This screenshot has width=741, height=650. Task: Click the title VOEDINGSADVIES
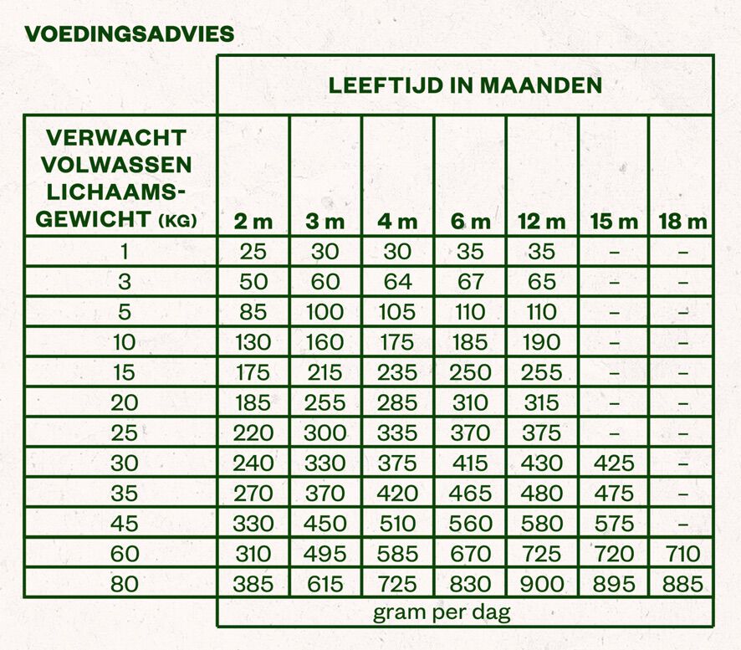pos(129,34)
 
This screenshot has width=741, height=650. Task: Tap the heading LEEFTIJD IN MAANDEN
pos(465,85)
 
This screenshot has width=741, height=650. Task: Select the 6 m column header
pos(470,222)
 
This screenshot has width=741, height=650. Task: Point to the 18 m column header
pos(683,222)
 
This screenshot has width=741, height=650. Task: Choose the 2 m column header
pos(253,222)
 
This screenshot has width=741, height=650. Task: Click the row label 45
pos(124,523)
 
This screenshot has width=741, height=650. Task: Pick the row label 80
pos(124,583)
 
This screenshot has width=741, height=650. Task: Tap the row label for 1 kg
pos(124,252)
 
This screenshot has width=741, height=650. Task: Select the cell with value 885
pos(682,583)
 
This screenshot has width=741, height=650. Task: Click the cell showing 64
pos(397,282)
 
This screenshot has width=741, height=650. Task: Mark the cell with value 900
pos(542,583)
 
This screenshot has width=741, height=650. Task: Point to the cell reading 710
pos(682,553)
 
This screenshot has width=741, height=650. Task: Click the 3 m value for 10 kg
pos(325,342)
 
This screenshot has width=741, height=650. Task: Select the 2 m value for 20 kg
pos(253,402)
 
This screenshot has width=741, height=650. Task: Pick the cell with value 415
pos(470,463)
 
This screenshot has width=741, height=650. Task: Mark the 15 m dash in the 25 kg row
pos(614,433)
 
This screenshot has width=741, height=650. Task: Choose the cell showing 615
pos(325,583)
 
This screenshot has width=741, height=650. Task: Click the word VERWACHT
pos(116,137)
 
